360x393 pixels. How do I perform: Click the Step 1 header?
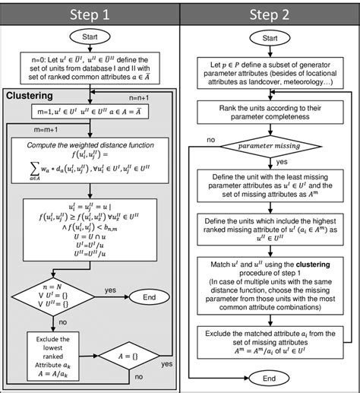pyautogui.click(x=89, y=14)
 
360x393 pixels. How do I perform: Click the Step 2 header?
pyautogui.click(x=269, y=14)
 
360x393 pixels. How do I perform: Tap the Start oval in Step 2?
pyautogui.click(x=269, y=39)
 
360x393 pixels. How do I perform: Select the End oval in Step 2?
pyautogui.click(x=269, y=377)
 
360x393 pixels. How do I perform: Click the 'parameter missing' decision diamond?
pyautogui.click(x=269, y=144)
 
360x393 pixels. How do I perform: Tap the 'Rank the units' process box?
pyautogui.click(x=269, y=114)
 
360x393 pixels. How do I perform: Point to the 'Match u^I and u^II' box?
pyautogui.click(x=269, y=282)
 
